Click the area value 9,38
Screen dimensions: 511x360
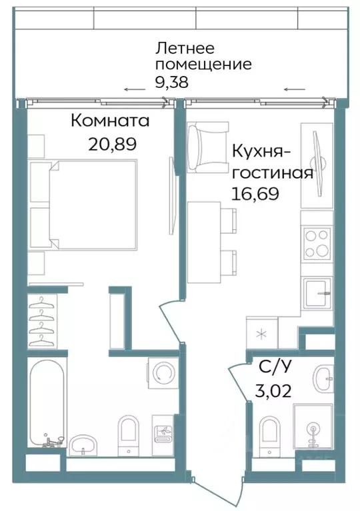(172, 83)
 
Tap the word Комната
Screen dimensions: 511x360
(110, 121)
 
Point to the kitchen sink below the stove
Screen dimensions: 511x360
(317, 292)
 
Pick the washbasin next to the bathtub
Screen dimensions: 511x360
(83, 444)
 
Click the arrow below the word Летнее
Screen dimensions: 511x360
(133, 89)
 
